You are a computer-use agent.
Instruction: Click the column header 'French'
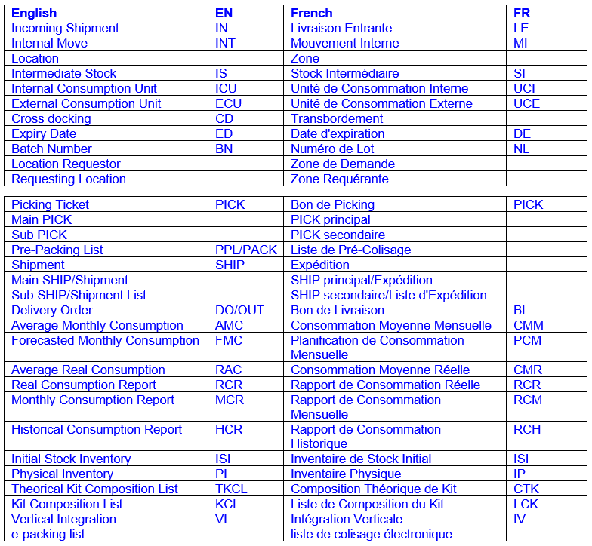[x=311, y=13]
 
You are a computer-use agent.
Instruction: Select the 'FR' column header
[x=522, y=13]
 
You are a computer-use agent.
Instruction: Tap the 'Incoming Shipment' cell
[x=65, y=28]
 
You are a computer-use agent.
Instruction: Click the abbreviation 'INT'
[x=225, y=43]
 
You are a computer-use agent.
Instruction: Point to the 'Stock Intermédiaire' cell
[x=344, y=73]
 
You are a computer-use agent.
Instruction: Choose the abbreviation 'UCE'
[x=526, y=103]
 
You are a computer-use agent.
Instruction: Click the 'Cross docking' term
[x=51, y=118]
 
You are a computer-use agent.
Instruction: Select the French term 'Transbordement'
[x=337, y=118]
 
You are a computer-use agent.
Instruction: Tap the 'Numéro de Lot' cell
[x=332, y=149]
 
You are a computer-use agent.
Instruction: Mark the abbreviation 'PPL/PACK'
[x=246, y=250]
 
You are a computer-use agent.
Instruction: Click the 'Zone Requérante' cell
[x=340, y=179]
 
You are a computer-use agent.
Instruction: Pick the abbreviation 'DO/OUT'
[x=239, y=310]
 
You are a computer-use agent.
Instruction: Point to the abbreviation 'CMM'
[x=528, y=325]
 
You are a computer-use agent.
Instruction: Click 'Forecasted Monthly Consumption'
[x=105, y=340]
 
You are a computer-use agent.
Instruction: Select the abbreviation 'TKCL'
[x=231, y=489]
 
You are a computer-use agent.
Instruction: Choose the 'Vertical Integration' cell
[x=63, y=519]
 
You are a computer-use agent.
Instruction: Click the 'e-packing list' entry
[x=48, y=534]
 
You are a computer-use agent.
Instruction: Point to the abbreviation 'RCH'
[x=527, y=429]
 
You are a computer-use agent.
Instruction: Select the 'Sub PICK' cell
[x=39, y=235]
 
